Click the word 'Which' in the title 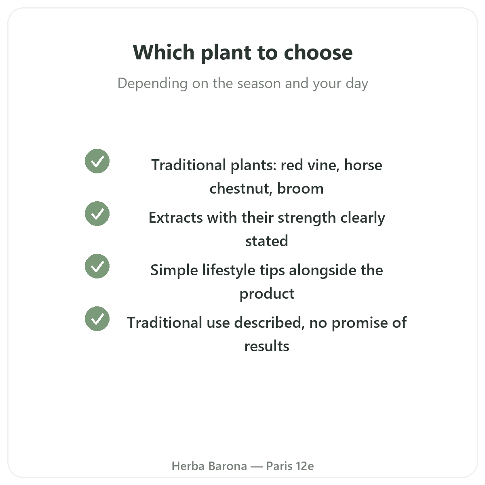pyautogui.click(x=164, y=53)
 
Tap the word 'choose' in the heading pyautogui.click(x=318, y=53)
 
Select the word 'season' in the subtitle pyautogui.click(x=259, y=84)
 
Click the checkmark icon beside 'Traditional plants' pyautogui.click(x=97, y=161)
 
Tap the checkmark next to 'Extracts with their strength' pyautogui.click(x=97, y=214)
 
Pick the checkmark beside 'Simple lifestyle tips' pyautogui.click(x=97, y=266)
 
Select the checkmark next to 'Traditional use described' pyautogui.click(x=97, y=319)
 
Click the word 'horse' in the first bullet pyautogui.click(x=363, y=165)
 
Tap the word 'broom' pyautogui.click(x=300, y=188)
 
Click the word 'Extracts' pyautogui.click(x=176, y=217)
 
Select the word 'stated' pyautogui.click(x=266, y=241)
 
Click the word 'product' pyautogui.click(x=267, y=294)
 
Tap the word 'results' pyautogui.click(x=266, y=346)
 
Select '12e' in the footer pyautogui.click(x=305, y=466)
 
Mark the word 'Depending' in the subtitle pyautogui.click(x=152, y=84)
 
